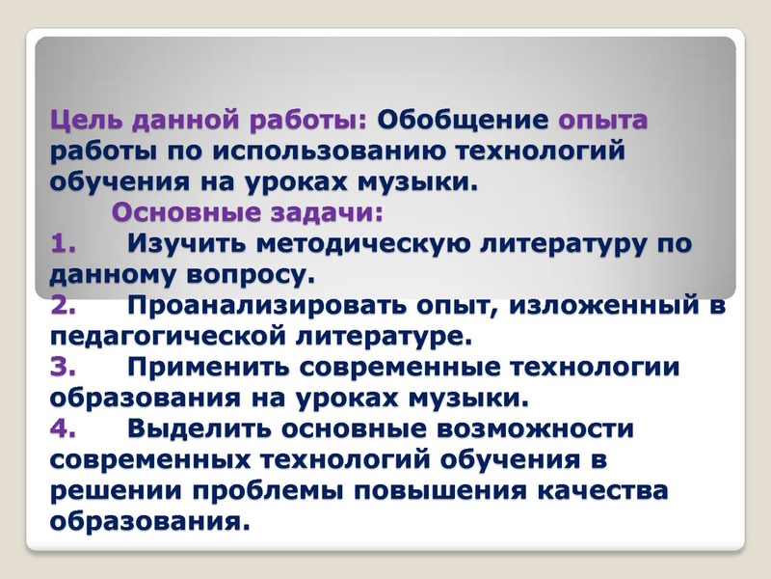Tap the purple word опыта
[x=604, y=123]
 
